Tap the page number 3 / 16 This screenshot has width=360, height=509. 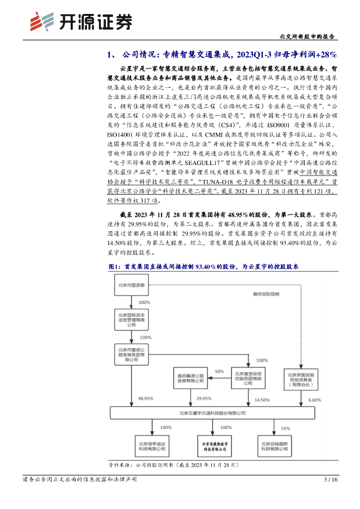[331, 480]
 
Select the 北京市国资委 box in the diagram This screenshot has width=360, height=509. [132, 285]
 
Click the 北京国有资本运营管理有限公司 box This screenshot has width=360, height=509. [132, 319]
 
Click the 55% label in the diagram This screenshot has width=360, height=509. [285, 427]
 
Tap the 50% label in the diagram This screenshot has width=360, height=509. [220, 371]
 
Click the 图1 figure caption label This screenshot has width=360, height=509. [115, 267]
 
